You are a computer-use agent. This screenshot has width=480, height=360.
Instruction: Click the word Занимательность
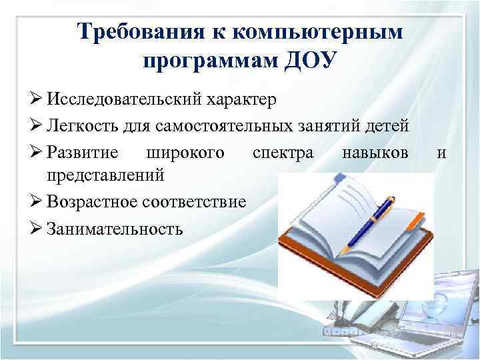115,229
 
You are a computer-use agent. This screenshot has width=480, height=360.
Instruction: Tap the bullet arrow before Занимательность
37,229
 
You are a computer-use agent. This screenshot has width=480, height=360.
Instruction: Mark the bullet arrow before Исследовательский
37,101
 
